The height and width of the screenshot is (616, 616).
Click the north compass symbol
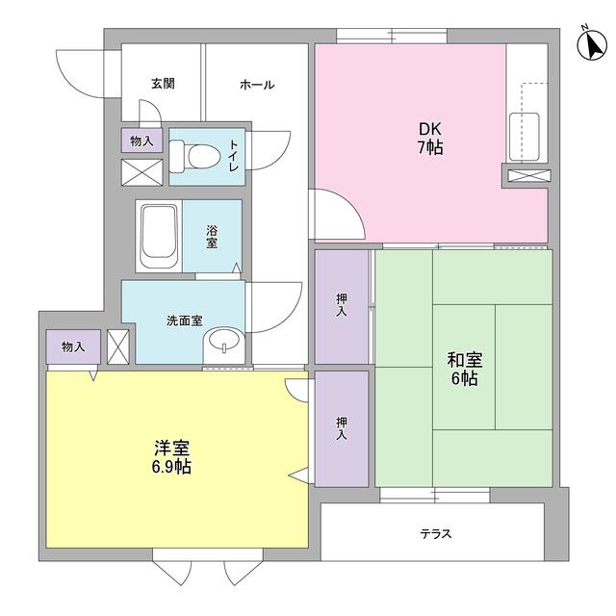coord(588,43)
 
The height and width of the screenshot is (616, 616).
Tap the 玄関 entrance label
coord(162,84)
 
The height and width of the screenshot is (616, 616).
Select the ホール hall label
coord(257,85)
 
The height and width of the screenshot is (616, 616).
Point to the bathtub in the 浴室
coord(157,237)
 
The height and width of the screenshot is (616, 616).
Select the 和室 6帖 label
coord(463,369)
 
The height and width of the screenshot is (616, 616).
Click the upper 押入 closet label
coord(342,305)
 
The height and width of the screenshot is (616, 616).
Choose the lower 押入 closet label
coord(342,427)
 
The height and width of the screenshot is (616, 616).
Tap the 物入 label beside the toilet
coord(141,141)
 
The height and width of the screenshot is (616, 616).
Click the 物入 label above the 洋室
coord(72,346)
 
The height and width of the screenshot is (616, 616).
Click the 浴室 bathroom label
coord(211,237)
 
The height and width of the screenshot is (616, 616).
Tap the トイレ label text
coord(233,157)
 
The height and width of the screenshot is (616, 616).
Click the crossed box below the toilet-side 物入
coord(141,171)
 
